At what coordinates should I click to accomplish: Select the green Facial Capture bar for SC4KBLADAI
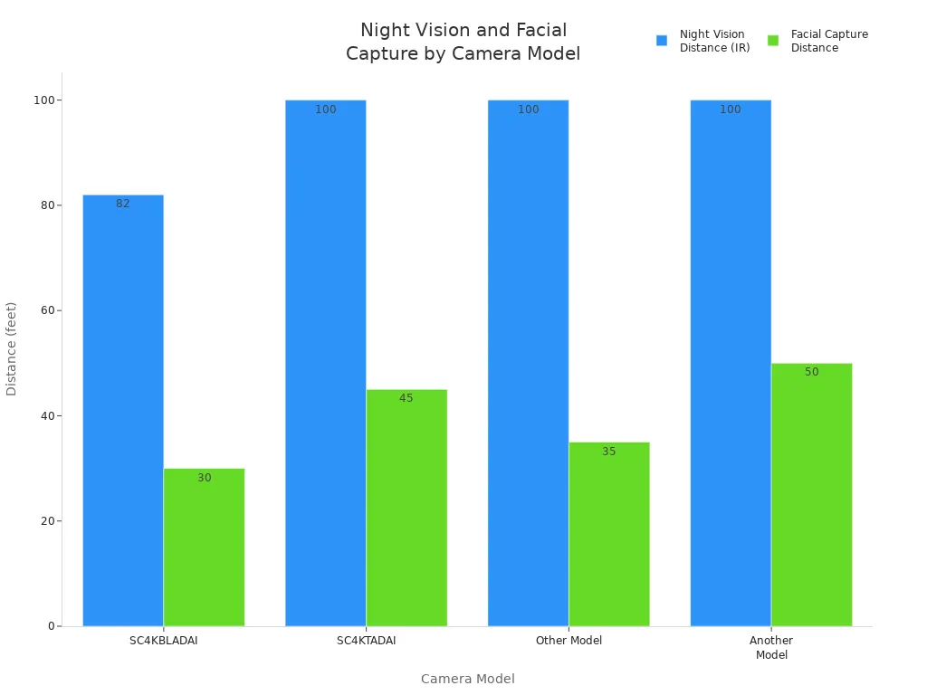pos(204,547)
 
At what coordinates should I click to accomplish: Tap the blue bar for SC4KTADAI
pos(325,362)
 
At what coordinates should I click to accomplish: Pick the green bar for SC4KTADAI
pos(406,507)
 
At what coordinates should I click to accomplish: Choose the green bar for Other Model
pos(609,534)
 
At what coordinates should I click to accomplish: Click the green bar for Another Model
pos(811,494)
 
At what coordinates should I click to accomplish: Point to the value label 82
pos(123,204)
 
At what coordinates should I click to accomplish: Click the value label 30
pos(205,478)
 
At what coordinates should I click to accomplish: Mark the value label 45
pos(406,398)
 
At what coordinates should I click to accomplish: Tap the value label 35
pos(609,452)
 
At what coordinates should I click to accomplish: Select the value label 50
pos(812,372)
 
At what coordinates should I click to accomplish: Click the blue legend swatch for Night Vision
pos(662,41)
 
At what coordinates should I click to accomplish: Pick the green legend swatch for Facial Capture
pos(773,41)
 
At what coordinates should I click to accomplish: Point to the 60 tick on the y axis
pos(45,310)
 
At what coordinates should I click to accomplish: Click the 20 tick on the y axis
pos(45,521)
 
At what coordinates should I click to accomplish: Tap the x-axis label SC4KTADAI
pos(367,641)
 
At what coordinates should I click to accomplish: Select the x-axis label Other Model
pos(569,641)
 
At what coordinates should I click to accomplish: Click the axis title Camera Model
pos(467,679)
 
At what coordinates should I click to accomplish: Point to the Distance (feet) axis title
pos(12,348)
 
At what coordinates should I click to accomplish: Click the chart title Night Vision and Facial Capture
pos(463,43)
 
